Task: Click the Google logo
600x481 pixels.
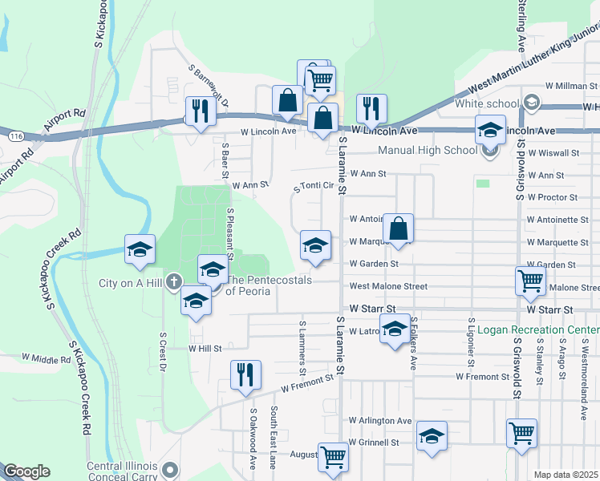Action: [26, 471]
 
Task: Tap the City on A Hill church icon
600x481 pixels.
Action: [174, 281]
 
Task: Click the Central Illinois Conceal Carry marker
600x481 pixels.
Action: [168, 467]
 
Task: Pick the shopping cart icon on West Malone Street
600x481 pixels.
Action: [531, 281]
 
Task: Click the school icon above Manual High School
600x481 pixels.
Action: [490, 129]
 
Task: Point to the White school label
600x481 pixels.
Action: [487, 103]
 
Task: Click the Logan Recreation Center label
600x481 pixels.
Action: [537, 329]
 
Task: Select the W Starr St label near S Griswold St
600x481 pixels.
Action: [550, 309]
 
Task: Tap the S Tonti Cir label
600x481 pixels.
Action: [314, 186]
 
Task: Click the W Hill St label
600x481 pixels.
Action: [205, 349]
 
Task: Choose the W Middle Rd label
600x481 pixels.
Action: [46, 358]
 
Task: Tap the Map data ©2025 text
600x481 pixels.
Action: [566, 475]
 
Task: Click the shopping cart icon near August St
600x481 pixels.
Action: [333, 457]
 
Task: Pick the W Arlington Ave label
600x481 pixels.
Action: [380, 420]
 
